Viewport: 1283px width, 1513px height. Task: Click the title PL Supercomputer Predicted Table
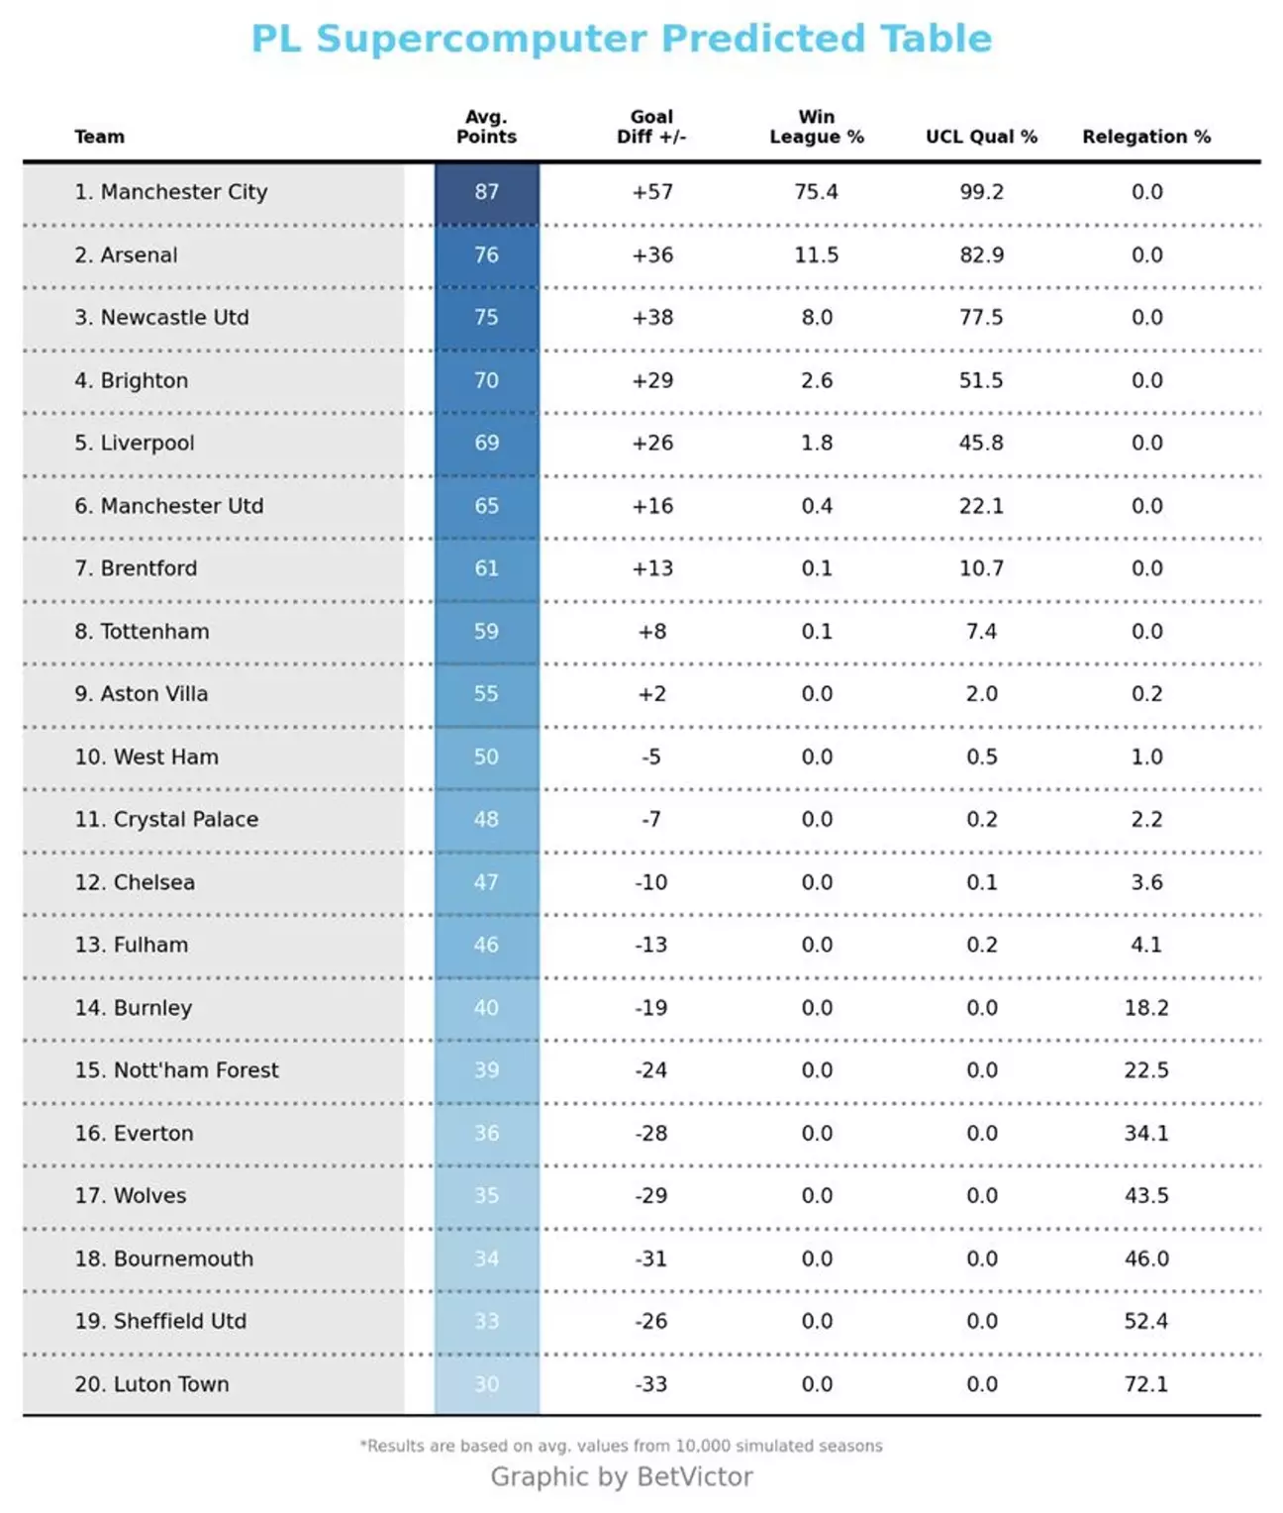[621, 40]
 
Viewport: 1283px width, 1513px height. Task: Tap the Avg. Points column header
[486, 127]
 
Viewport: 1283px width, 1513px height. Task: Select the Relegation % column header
[1145, 137]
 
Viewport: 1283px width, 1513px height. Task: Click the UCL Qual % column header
[981, 137]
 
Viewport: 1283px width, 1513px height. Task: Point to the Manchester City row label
[170, 192]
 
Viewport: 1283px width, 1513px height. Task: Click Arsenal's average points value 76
[486, 254]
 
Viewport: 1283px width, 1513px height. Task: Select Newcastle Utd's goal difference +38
[652, 318]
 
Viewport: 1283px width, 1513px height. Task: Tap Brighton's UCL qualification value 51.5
[981, 380]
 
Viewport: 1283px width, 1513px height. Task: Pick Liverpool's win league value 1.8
[817, 443]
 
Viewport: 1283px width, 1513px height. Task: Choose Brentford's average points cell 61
[486, 568]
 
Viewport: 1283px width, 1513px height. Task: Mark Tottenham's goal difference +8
[652, 632]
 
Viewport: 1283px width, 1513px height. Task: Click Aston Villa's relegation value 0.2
[1146, 694]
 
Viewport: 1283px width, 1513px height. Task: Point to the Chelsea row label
[135, 882]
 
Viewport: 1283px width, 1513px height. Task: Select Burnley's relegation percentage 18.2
[1146, 1008]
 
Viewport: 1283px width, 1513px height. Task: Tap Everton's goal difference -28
[651, 1133]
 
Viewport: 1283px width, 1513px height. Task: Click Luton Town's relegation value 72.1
[1146, 1384]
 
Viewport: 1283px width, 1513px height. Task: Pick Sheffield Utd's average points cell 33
[486, 1321]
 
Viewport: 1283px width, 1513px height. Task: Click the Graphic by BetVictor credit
[622, 1476]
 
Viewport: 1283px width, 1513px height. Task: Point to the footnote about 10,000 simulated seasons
[621, 1446]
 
